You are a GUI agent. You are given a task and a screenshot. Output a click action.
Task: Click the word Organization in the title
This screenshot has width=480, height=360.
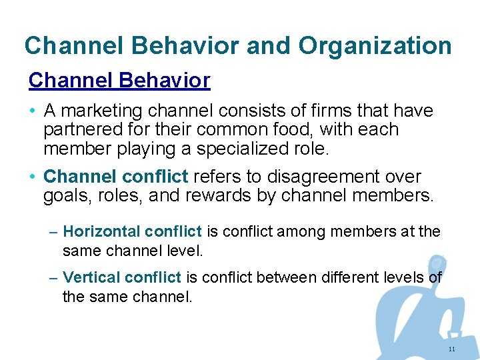pyautogui.click(x=375, y=46)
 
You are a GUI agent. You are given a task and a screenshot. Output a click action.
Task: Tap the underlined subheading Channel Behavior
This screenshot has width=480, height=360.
pyautogui.click(x=119, y=81)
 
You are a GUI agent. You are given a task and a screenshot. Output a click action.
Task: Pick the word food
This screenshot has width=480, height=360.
pyautogui.click(x=297, y=129)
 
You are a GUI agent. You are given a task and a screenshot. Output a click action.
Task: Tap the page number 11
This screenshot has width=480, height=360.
pyautogui.click(x=452, y=349)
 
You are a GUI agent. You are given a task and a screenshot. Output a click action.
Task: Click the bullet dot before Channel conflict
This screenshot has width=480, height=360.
pyautogui.click(x=32, y=177)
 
